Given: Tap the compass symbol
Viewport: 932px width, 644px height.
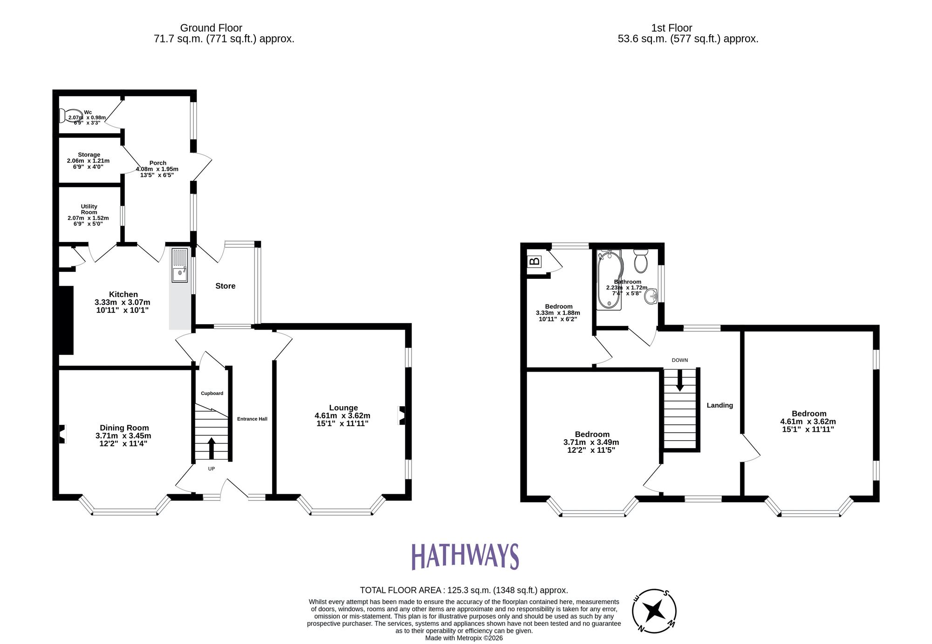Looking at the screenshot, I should click(x=654, y=610).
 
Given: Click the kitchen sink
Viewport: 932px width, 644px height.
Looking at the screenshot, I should click(x=180, y=266).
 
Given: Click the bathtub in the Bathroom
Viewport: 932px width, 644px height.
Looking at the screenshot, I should click(x=610, y=280).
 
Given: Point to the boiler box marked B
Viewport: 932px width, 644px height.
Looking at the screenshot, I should click(x=535, y=261).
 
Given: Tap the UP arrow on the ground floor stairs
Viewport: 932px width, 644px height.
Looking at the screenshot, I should click(x=212, y=448).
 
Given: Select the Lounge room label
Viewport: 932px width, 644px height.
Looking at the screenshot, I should click(x=343, y=408).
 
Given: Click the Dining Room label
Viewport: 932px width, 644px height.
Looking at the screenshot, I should click(x=124, y=428).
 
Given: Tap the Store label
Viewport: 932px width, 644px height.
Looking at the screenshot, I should click(x=225, y=286).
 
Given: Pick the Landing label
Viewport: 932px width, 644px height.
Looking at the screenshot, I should click(x=720, y=405).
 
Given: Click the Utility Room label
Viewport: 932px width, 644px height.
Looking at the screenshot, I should click(x=89, y=209).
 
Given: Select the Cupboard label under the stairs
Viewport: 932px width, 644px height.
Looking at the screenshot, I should click(x=212, y=393).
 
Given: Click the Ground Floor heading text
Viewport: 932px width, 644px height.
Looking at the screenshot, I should click(x=211, y=28).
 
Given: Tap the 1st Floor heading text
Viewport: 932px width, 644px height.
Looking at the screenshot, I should click(x=672, y=28).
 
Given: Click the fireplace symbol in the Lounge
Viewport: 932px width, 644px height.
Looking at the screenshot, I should click(x=401, y=415).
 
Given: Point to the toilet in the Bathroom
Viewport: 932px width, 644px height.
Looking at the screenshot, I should click(x=641, y=261).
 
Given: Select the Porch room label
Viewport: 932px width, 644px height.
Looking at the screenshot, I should click(x=158, y=163).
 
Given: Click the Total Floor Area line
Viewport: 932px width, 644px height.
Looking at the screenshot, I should click(x=464, y=590).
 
